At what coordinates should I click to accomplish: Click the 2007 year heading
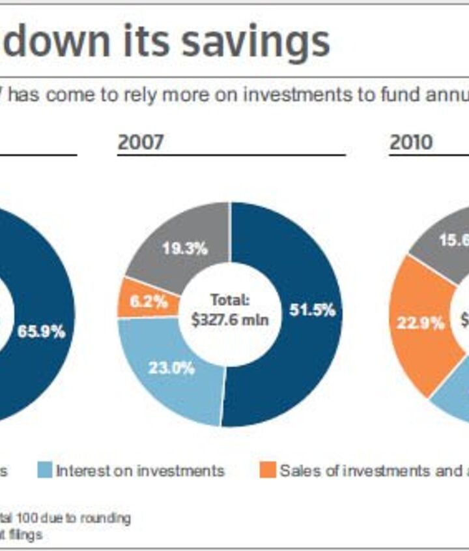(x=141, y=141)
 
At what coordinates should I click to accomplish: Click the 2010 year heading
(x=411, y=141)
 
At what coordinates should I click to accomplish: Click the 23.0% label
(x=171, y=368)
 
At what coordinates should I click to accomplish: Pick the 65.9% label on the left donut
(x=41, y=331)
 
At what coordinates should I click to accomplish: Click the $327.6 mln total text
(x=230, y=320)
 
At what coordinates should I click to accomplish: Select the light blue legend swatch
(x=45, y=470)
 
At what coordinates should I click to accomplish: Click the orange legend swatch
(x=268, y=470)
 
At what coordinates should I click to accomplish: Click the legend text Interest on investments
(x=140, y=470)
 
